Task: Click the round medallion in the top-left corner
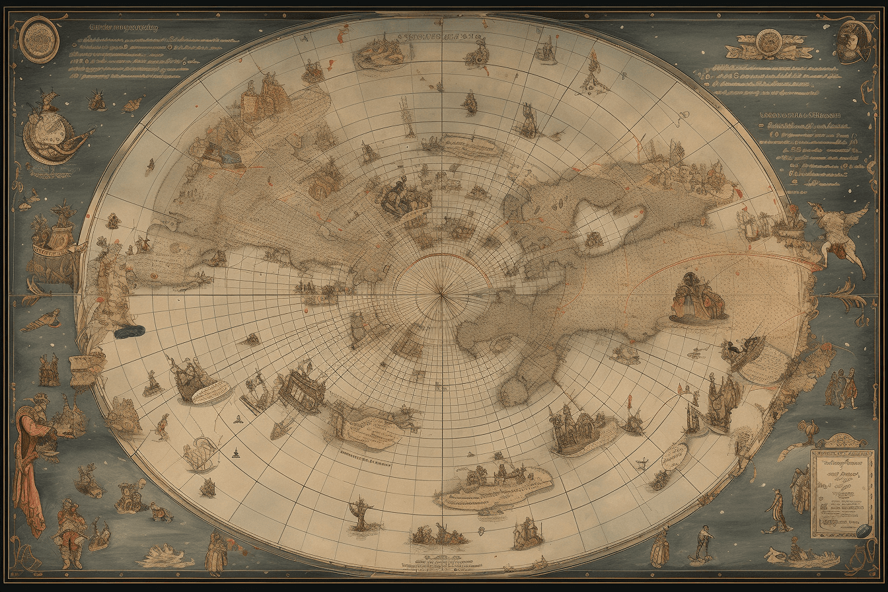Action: coord(40,40)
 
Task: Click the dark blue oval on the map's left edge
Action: coord(129,332)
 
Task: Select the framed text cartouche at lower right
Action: coord(842,492)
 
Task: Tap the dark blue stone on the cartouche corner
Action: coord(863,530)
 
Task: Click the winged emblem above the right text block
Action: coord(768,45)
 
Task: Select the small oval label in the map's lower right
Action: coord(673,456)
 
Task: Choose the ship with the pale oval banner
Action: coord(198,383)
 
